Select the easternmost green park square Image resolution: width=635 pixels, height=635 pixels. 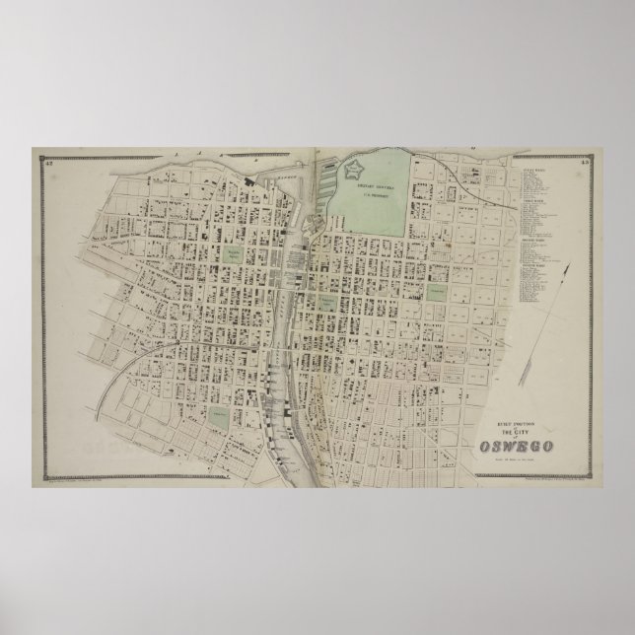(436, 293)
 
